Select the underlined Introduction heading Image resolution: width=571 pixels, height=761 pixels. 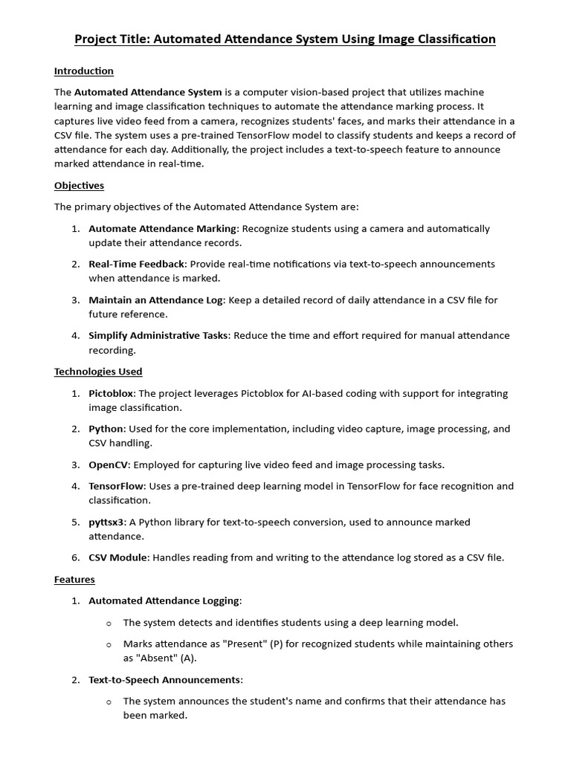(84, 71)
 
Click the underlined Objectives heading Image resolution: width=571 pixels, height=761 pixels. (79, 185)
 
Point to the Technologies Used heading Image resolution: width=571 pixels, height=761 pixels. (98, 372)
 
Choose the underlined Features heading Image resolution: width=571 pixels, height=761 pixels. (74, 579)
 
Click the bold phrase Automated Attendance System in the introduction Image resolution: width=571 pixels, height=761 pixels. (148, 92)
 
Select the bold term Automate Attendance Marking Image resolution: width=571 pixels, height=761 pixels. (163, 229)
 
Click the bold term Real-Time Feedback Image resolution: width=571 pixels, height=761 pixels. (138, 264)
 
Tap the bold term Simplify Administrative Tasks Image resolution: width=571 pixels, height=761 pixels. (158, 336)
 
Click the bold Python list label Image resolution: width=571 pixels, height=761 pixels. (106, 429)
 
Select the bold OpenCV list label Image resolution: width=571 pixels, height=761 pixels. (109, 465)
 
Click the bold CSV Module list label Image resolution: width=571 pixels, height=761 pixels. (118, 557)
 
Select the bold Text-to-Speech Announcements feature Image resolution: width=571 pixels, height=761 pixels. (164, 680)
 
